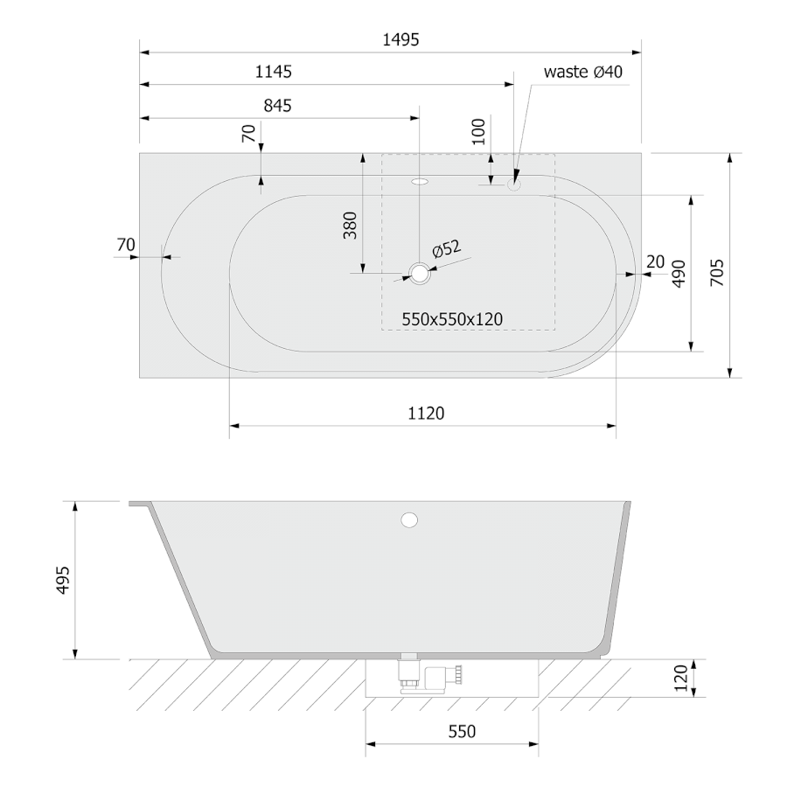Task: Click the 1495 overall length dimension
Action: point(400,39)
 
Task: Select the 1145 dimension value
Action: point(274,72)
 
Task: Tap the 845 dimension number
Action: point(277,106)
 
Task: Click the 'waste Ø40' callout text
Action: point(582,72)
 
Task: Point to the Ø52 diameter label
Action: point(446,248)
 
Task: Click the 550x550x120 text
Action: point(452,319)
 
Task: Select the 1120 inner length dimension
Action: point(426,413)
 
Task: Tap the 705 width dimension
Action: point(717,273)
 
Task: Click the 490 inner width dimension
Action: point(679,274)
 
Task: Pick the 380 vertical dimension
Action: point(350,226)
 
